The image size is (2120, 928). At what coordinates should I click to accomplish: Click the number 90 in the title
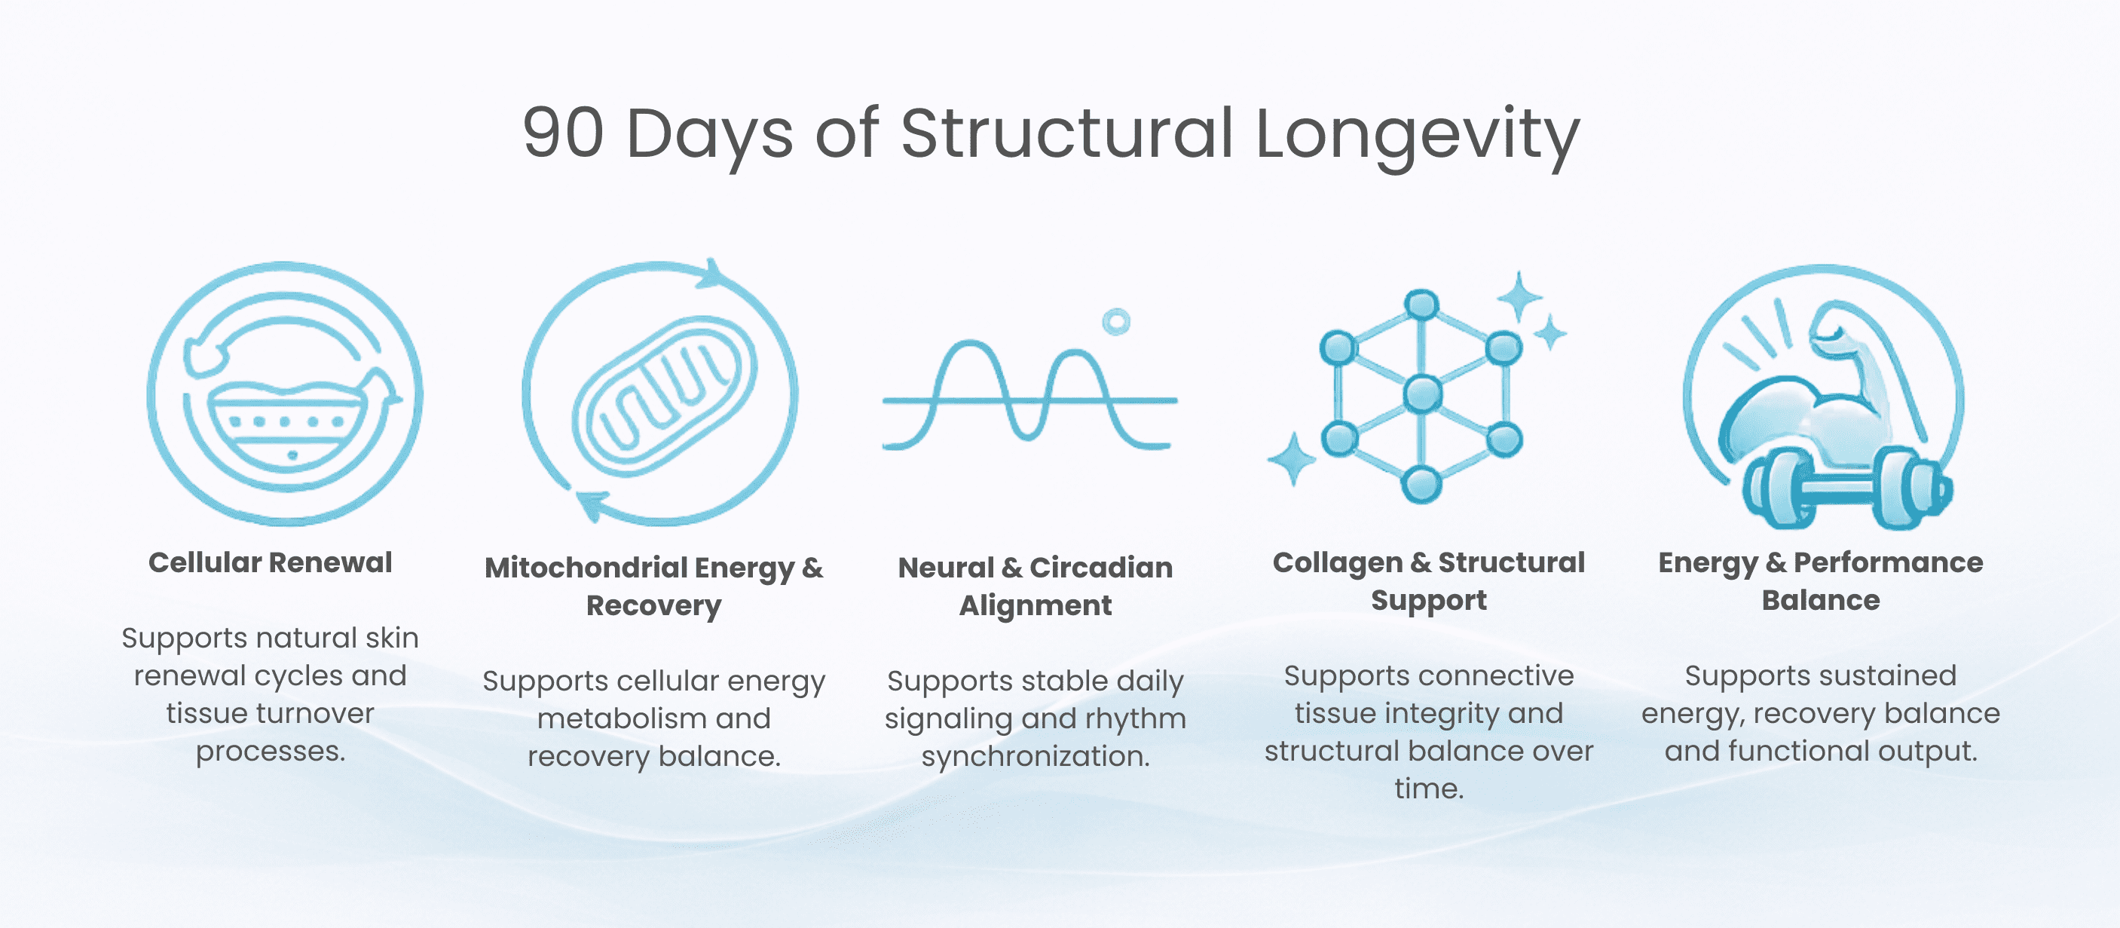564,133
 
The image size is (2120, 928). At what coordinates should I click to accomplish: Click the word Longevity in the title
1417,136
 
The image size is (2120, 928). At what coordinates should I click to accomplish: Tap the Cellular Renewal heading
270,562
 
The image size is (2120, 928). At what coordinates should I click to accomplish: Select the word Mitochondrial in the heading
586,568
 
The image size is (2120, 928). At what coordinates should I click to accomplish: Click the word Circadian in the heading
1101,568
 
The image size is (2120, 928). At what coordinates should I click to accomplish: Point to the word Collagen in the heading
1338,564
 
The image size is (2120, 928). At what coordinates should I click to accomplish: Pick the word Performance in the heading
1889,562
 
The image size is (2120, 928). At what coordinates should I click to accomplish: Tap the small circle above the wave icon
1116,322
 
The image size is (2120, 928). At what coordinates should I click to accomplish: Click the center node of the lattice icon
1423,394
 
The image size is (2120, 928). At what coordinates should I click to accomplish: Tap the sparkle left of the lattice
1291,458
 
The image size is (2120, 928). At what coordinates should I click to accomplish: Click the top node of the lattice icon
1421,305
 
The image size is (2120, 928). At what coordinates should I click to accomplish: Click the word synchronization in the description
1036,757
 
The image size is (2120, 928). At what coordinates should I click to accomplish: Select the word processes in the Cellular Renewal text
270,752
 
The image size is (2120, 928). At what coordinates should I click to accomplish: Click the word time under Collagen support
1429,789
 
